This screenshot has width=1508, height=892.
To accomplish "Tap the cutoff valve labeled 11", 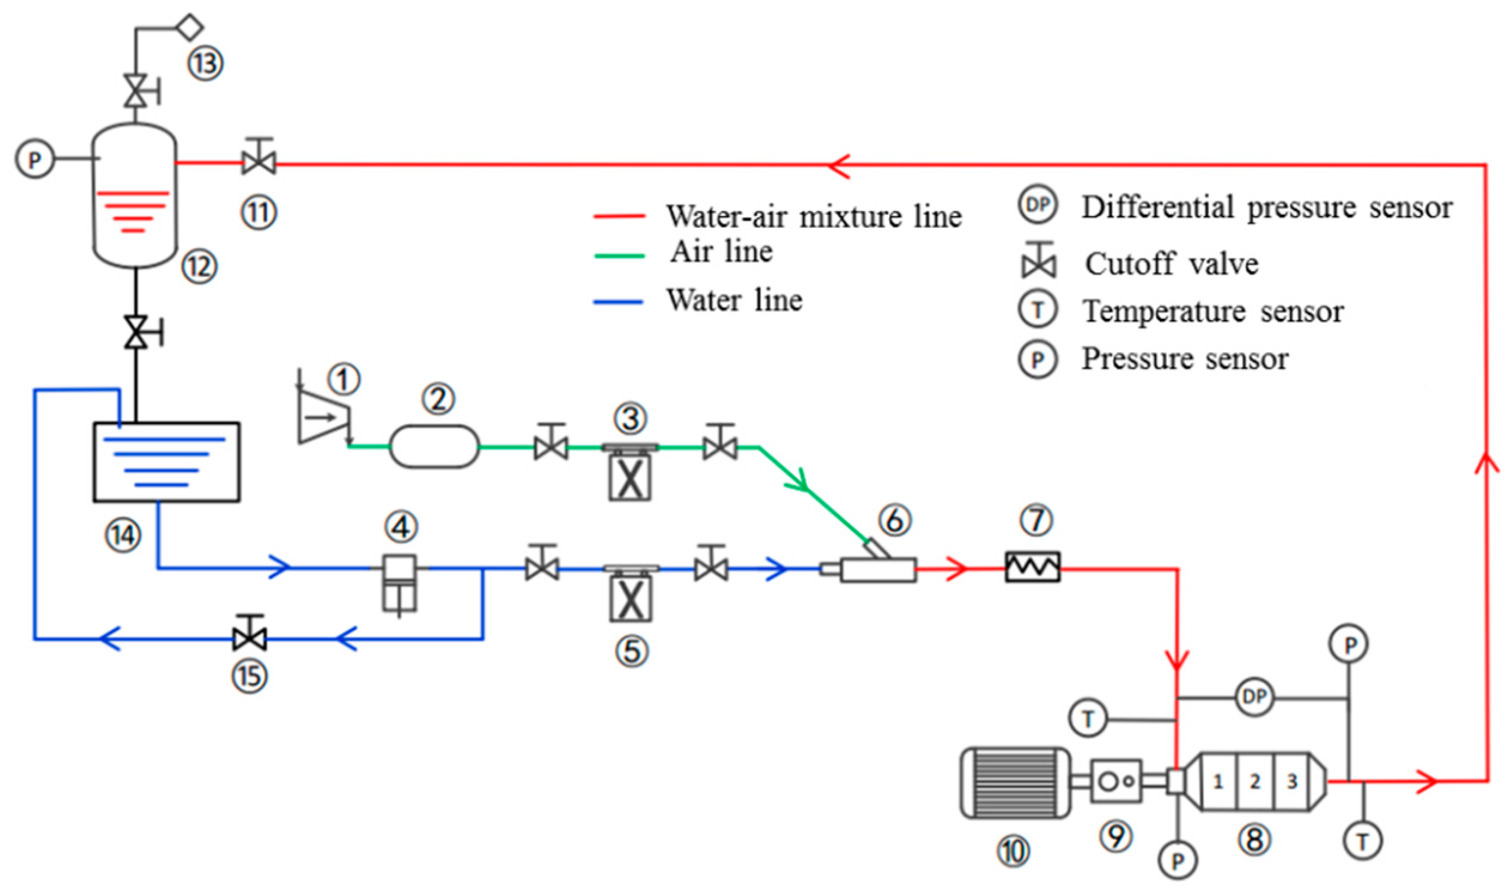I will pyautogui.click(x=259, y=161).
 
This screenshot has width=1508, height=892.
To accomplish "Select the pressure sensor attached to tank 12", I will pyautogui.click(x=34, y=159).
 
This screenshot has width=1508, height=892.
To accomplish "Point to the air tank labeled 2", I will pyautogui.click(x=434, y=446).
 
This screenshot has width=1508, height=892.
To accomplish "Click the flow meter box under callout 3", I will pyautogui.click(x=630, y=479).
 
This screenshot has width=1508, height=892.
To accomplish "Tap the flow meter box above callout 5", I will pyautogui.click(x=630, y=599).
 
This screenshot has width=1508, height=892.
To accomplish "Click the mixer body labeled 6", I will pyautogui.click(x=877, y=569).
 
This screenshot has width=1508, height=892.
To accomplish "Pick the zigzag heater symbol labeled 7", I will pyautogui.click(x=1033, y=567).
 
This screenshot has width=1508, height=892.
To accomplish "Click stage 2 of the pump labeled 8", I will pyautogui.click(x=1254, y=781).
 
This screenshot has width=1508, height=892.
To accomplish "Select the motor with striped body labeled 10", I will pyautogui.click(x=1014, y=783).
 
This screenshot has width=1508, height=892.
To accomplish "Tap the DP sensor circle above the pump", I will pyautogui.click(x=1254, y=697).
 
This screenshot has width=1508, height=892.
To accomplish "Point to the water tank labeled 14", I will pyautogui.click(x=166, y=462).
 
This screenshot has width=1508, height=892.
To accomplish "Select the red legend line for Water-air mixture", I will pyautogui.click(x=619, y=217).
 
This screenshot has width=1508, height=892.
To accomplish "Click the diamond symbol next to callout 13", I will pyautogui.click(x=188, y=27).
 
